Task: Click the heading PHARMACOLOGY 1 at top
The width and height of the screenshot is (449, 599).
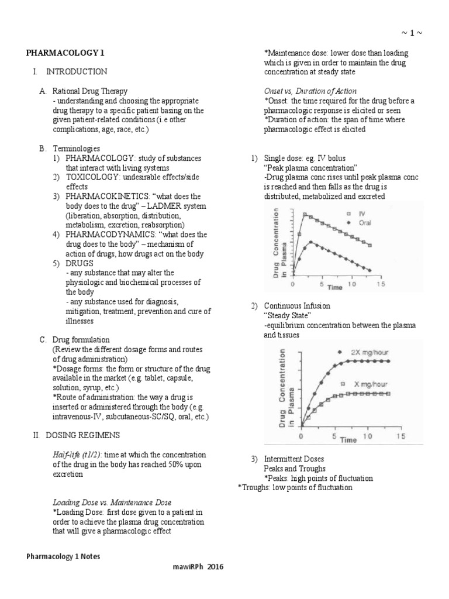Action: click(x=65, y=53)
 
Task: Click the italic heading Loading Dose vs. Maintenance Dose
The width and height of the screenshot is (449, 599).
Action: click(x=112, y=502)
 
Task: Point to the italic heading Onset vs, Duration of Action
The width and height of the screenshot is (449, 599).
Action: click(x=310, y=91)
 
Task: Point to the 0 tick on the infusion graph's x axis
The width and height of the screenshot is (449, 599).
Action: click(x=301, y=436)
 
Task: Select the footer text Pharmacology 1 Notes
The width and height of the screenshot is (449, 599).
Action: click(x=63, y=556)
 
